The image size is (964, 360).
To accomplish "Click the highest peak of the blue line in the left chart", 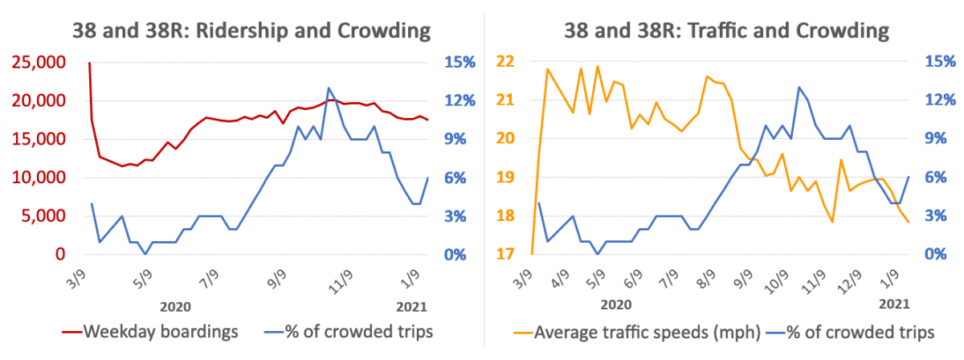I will click(x=329, y=88).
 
